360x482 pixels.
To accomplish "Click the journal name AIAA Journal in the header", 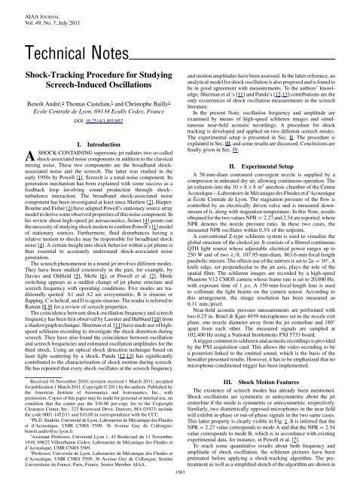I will pyautogui.click(x=24, y=5).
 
